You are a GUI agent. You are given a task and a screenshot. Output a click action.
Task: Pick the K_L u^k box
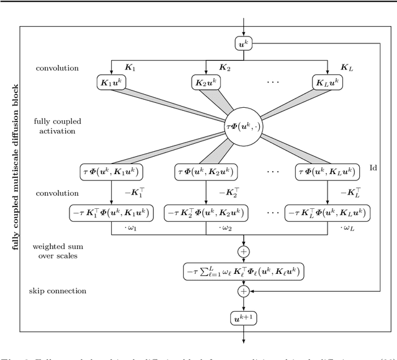click(x=328, y=82)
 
